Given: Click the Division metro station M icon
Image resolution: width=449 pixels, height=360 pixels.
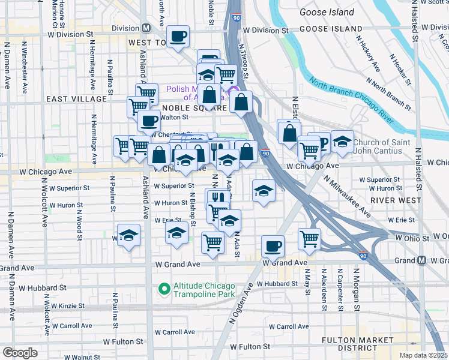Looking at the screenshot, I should pos(146,28).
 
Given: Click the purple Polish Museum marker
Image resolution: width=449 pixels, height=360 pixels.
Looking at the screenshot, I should pos(235,97).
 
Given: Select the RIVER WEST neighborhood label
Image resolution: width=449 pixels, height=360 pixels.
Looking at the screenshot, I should pos(393,199).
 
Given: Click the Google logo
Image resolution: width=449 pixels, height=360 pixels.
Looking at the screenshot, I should pos(20,353).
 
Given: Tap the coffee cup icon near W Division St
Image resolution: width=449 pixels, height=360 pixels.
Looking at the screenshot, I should pos(178,37).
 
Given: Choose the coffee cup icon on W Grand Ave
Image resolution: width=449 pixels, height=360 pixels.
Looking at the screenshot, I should pos(273,246).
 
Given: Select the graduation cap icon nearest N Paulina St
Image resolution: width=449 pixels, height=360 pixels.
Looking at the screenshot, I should pos(128,236).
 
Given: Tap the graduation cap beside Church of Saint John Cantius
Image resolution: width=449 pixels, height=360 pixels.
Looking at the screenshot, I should pos(342,142).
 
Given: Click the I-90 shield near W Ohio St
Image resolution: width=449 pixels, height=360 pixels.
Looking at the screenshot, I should pos(363,256).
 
